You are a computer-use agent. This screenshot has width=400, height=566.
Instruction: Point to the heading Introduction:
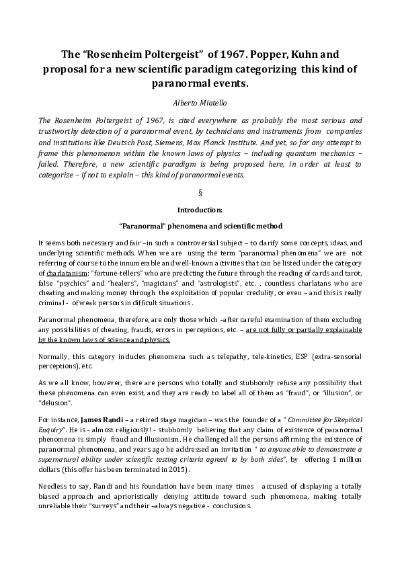[x=200, y=210]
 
